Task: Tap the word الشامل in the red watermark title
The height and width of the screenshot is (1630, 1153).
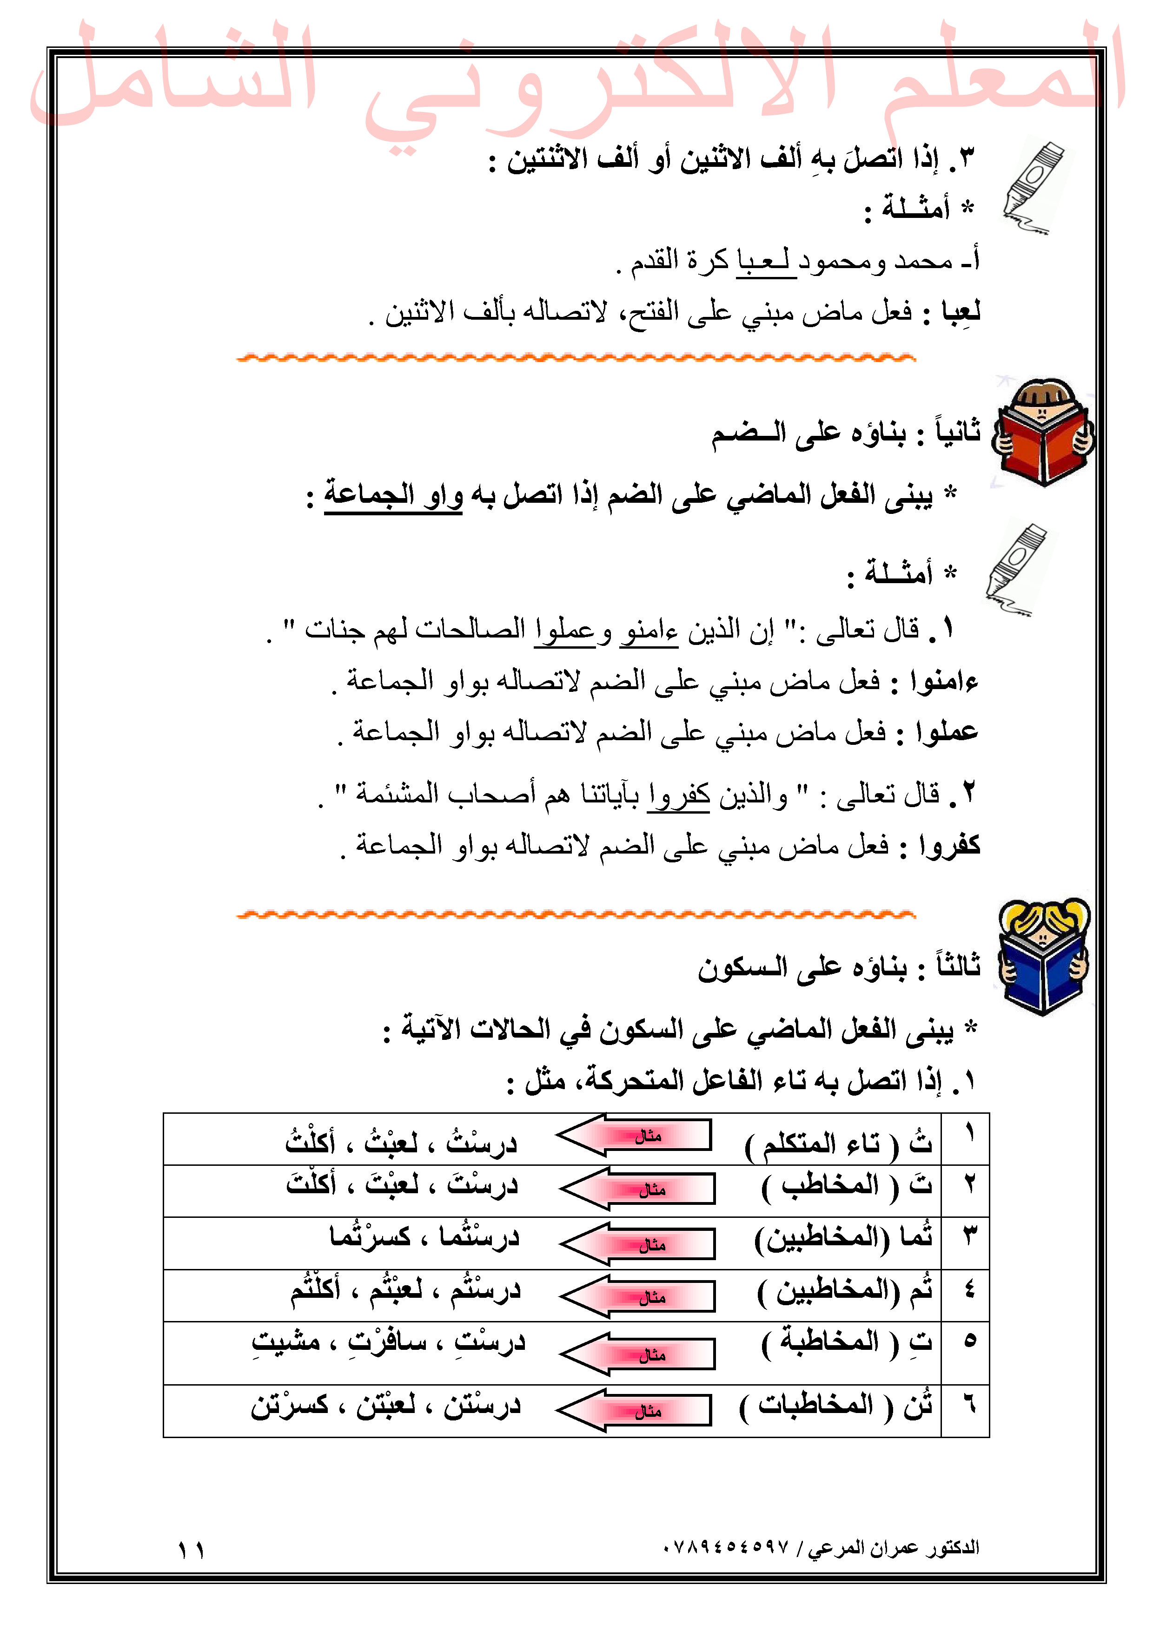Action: tap(174, 74)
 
